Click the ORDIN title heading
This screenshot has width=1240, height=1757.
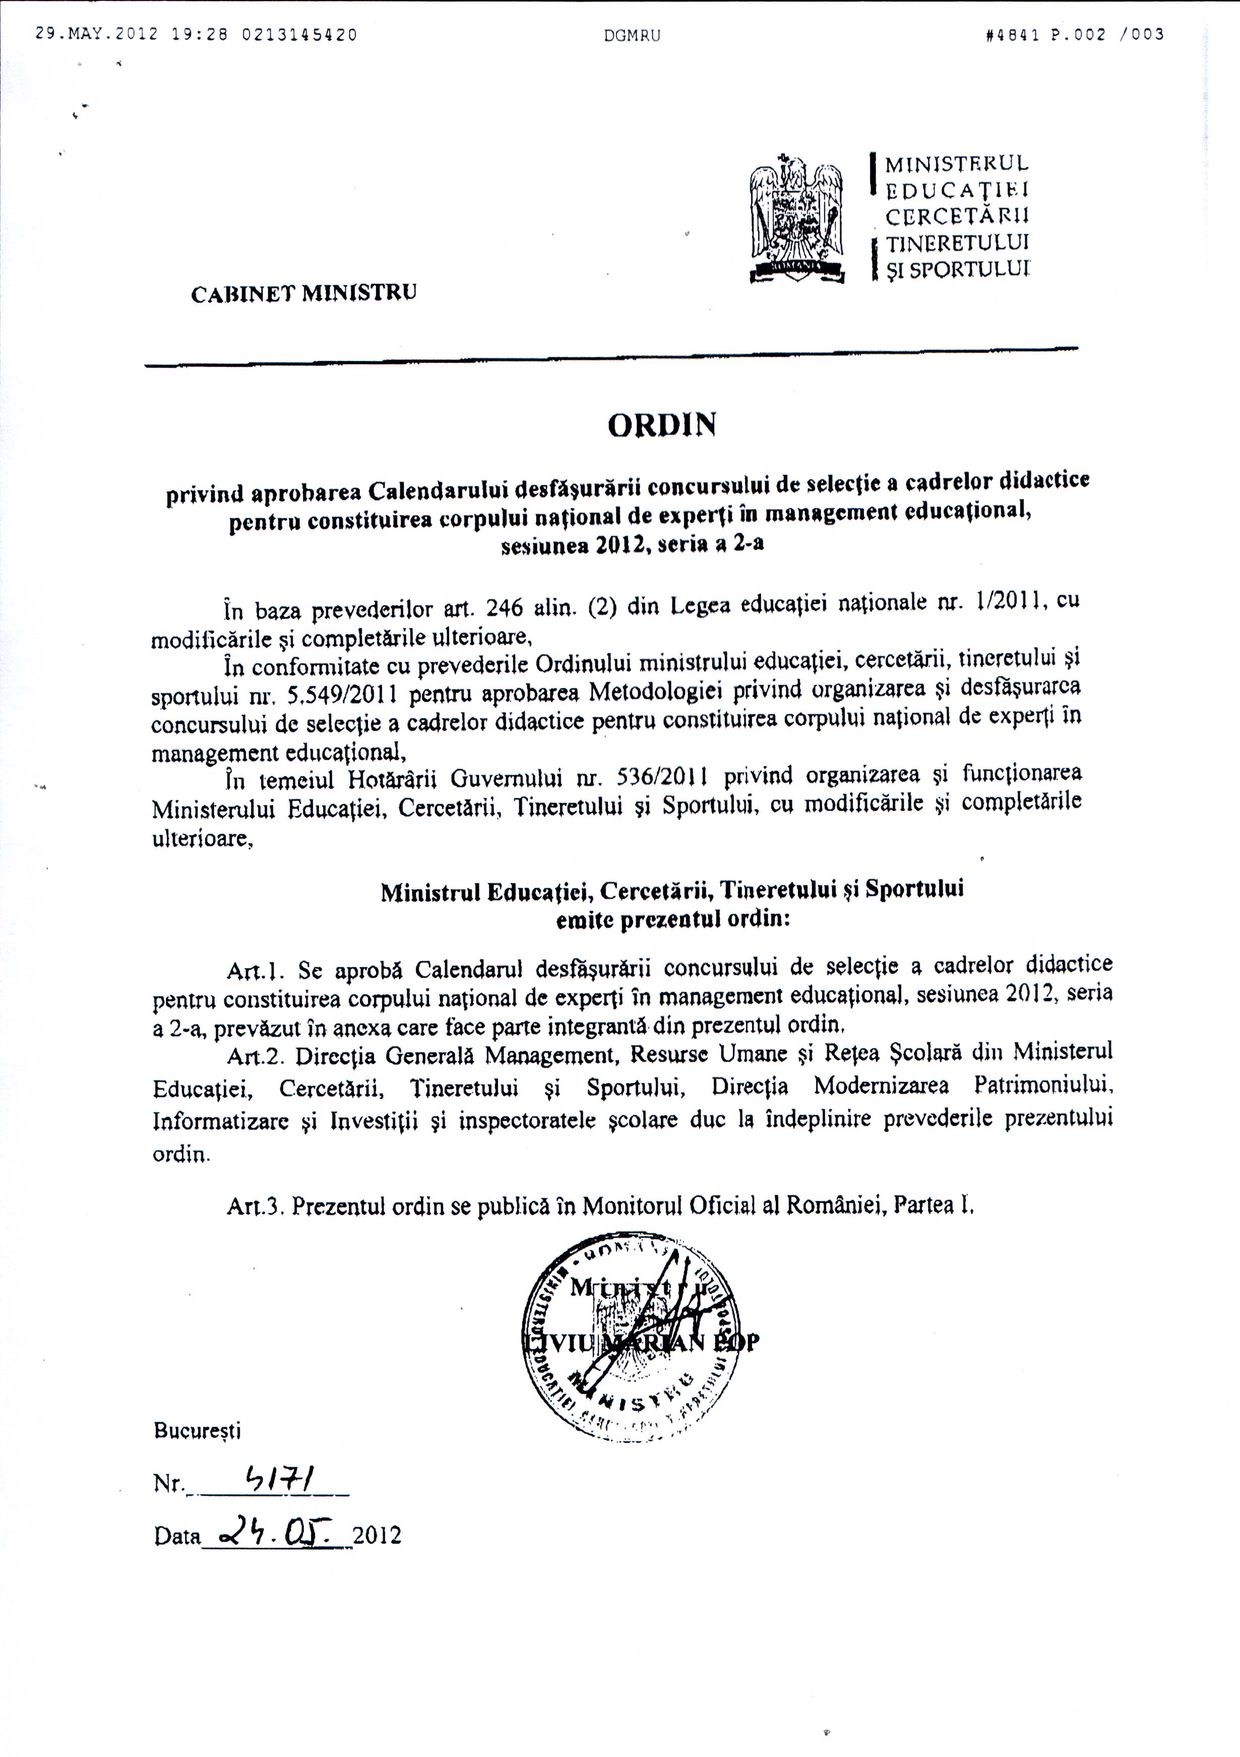(x=662, y=425)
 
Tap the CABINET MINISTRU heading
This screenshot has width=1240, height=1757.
(x=304, y=293)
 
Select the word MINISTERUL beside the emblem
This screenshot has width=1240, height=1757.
(x=957, y=164)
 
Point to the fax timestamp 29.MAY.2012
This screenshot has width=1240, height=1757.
(x=96, y=34)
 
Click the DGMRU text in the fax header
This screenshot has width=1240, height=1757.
(x=632, y=35)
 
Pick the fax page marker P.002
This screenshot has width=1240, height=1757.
(x=1079, y=34)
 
